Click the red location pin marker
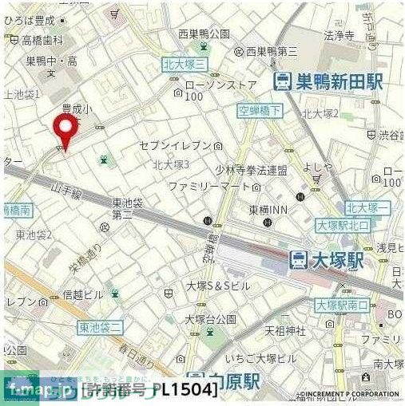point(65,130)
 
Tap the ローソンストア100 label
point(220,89)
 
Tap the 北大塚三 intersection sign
point(185,64)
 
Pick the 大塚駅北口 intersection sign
point(343,225)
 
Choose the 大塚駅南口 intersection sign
point(342,305)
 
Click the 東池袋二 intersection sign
point(101,328)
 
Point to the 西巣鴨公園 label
point(204,34)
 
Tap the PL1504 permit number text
point(185,391)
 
